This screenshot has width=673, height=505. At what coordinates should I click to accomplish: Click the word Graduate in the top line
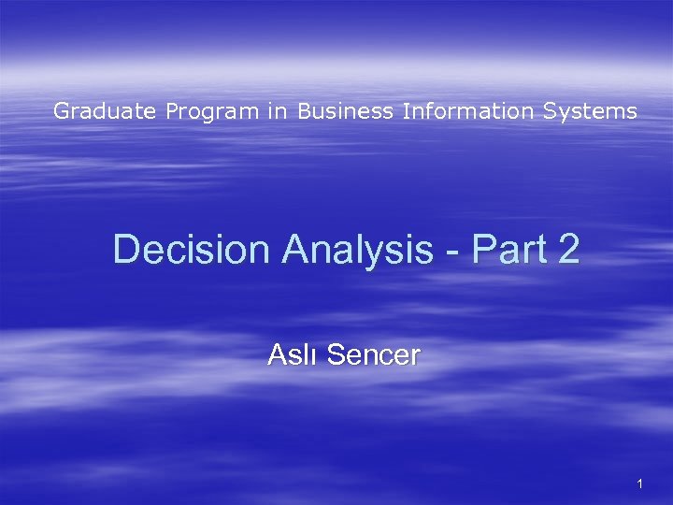[x=105, y=112]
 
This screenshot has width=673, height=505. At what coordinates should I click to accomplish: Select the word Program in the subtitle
[x=212, y=112]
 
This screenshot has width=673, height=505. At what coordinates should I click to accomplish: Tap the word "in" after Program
[x=277, y=111]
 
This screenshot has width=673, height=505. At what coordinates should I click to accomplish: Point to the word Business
[x=346, y=111]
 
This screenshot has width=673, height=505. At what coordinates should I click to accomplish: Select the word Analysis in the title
[x=357, y=250]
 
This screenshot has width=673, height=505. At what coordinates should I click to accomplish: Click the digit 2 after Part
[x=569, y=250]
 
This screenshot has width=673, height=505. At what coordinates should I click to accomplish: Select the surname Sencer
[x=374, y=355]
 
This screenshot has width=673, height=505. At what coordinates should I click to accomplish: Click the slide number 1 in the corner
[x=639, y=483]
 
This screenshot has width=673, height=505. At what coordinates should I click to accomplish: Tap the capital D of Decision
[x=125, y=250]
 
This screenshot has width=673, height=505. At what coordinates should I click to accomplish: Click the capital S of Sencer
[x=336, y=355]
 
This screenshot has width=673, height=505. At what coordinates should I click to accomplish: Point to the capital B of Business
[x=307, y=111]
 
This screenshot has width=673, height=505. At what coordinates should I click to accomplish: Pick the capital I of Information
[x=406, y=111]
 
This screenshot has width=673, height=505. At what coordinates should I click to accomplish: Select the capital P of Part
[x=482, y=250]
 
